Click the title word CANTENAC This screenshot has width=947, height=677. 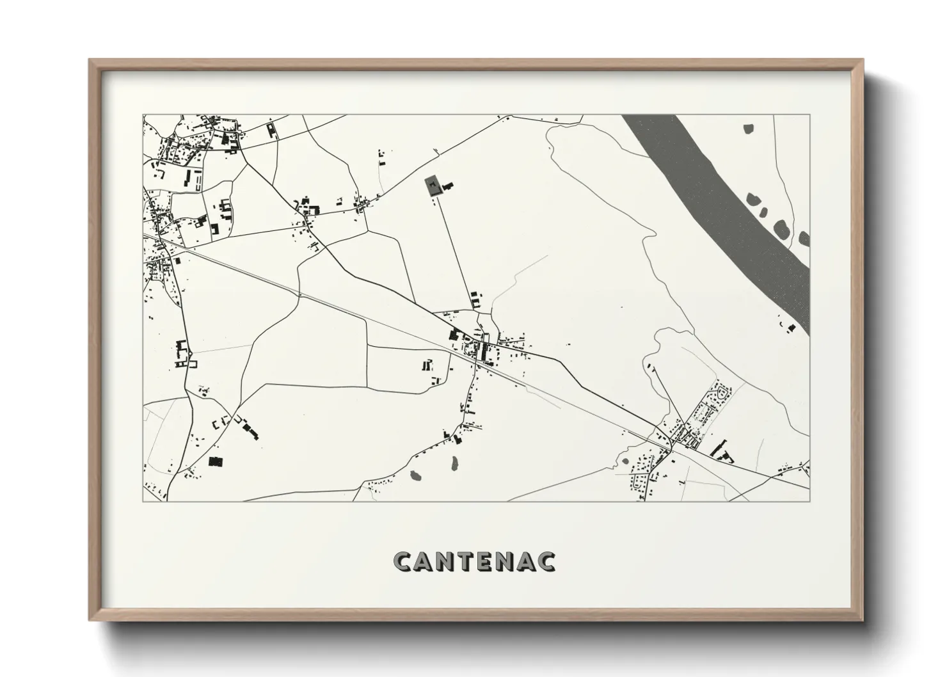click(x=474, y=561)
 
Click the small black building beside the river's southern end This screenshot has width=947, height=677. click(x=792, y=328)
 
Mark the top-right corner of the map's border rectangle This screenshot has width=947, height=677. click(x=809, y=115)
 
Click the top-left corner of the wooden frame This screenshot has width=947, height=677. click(x=90, y=60)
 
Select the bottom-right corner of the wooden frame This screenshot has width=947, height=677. click(x=863, y=621)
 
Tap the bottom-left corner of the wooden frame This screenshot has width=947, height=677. click(x=90, y=621)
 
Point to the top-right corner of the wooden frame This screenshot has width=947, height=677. click(x=863, y=60)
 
